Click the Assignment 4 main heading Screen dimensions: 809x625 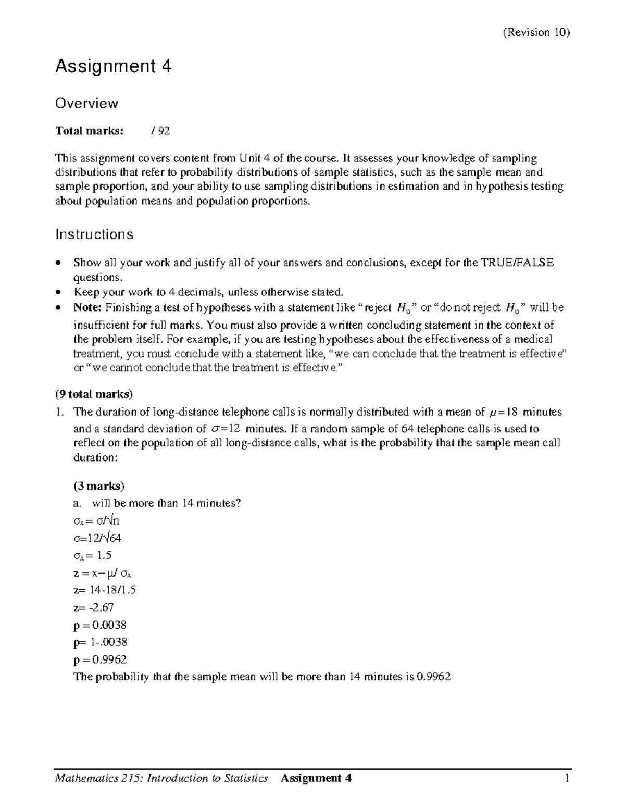pos(114,67)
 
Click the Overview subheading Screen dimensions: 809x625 pos(86,103)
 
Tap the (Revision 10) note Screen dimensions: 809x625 pos(536,32)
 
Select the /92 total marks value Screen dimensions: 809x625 pos(160,131)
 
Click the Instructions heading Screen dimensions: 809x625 pos(94,234)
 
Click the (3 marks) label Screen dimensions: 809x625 pos(99,486)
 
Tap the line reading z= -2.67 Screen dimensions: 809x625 pos(94,607)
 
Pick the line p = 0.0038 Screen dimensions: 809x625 pos(100,625)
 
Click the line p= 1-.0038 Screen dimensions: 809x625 pos(100,642)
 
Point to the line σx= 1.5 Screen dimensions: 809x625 pos(93,555)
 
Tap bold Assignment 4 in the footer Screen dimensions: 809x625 pos(316,778)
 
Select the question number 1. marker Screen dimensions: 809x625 pos(60,412)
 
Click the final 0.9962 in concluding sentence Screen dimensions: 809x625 pos(434,677)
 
